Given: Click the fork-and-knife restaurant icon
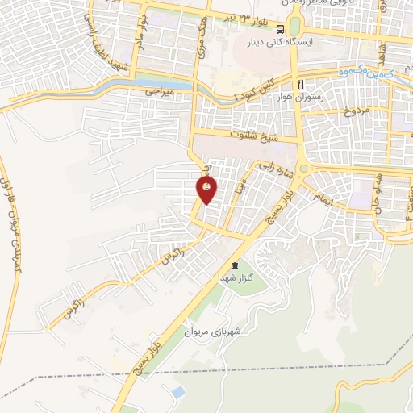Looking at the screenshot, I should coord(300,83).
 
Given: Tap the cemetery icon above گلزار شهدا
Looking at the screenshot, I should coord(235,265).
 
